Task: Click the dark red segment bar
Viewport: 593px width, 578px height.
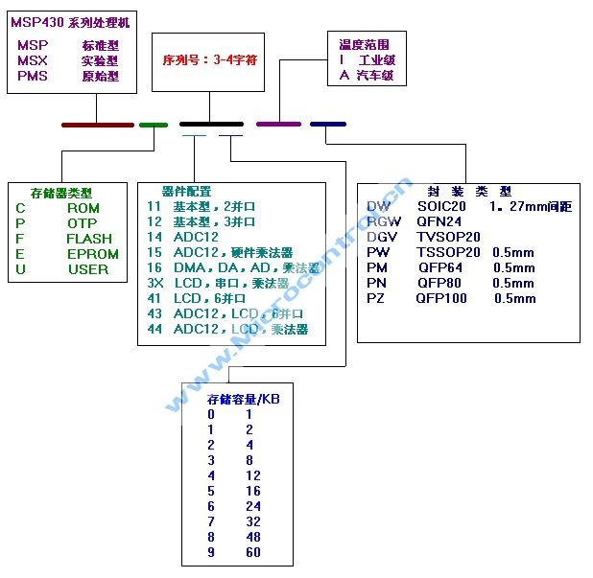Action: tap(97, 125)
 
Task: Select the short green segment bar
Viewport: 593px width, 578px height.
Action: tap(154, 125)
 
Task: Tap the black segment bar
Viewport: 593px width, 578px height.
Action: tap(211, 125)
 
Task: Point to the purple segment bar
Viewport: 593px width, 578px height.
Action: tap(278, 125)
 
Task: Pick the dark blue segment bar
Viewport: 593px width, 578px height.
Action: tap(328, 125)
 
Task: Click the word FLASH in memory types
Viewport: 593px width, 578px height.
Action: tap(89, 239)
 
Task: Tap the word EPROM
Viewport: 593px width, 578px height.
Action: tap(93, 254)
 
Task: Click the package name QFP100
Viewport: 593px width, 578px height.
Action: tap(441, 298)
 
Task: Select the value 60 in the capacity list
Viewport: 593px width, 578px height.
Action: tap(252, 552)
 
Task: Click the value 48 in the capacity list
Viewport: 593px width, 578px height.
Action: tap(252, 537)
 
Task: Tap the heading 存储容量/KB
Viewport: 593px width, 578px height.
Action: tap(244, 399)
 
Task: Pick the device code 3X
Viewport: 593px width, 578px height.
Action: tap(154, 284)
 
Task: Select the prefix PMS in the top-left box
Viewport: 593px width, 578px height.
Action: tap(33, 76)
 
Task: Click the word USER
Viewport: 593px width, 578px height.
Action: tap(88, 269)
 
